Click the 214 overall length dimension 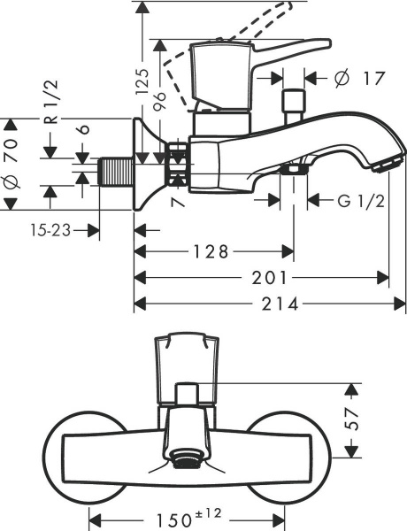[269, 304]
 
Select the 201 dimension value [261, 278]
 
